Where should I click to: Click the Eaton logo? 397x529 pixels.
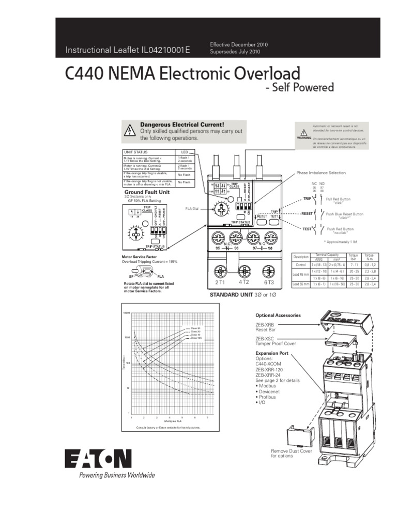pyautogui.click(x=98, y=458)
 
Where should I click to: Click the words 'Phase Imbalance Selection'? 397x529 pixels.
pyautogui.click(x=320, y=173)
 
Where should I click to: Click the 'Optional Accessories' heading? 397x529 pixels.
pyautogui.click(x=279, y=315)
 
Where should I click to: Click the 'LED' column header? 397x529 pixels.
pyautogui.click(x=185, y=152)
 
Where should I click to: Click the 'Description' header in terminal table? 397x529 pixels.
pyautogui.click(x=300, y=257)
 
